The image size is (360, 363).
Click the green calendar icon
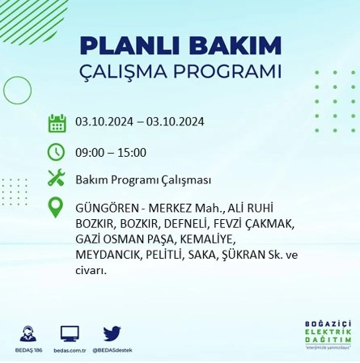(57, 123)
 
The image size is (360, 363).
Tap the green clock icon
(57, 150)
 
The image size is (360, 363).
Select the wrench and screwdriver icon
(57, 178)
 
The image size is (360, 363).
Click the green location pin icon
(57, 207)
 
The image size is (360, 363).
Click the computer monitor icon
(70, 333)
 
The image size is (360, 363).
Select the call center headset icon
(28, 333)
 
